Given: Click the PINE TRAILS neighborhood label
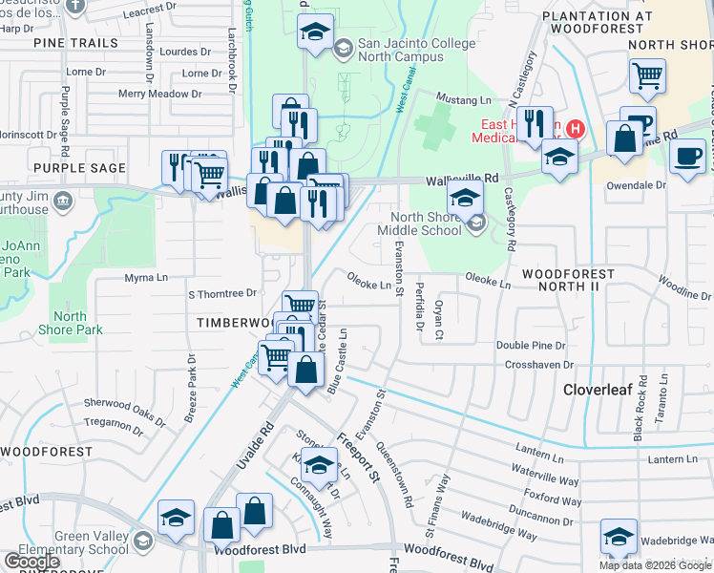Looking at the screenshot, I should pos(75,43).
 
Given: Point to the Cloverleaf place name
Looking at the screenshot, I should pos(599,390).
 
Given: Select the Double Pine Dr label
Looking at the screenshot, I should pos(531,346).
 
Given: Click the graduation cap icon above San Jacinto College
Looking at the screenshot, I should pos(316,32).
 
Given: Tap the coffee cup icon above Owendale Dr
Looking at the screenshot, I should pos(686,156).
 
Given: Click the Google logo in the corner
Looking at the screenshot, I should pos(32,562).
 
